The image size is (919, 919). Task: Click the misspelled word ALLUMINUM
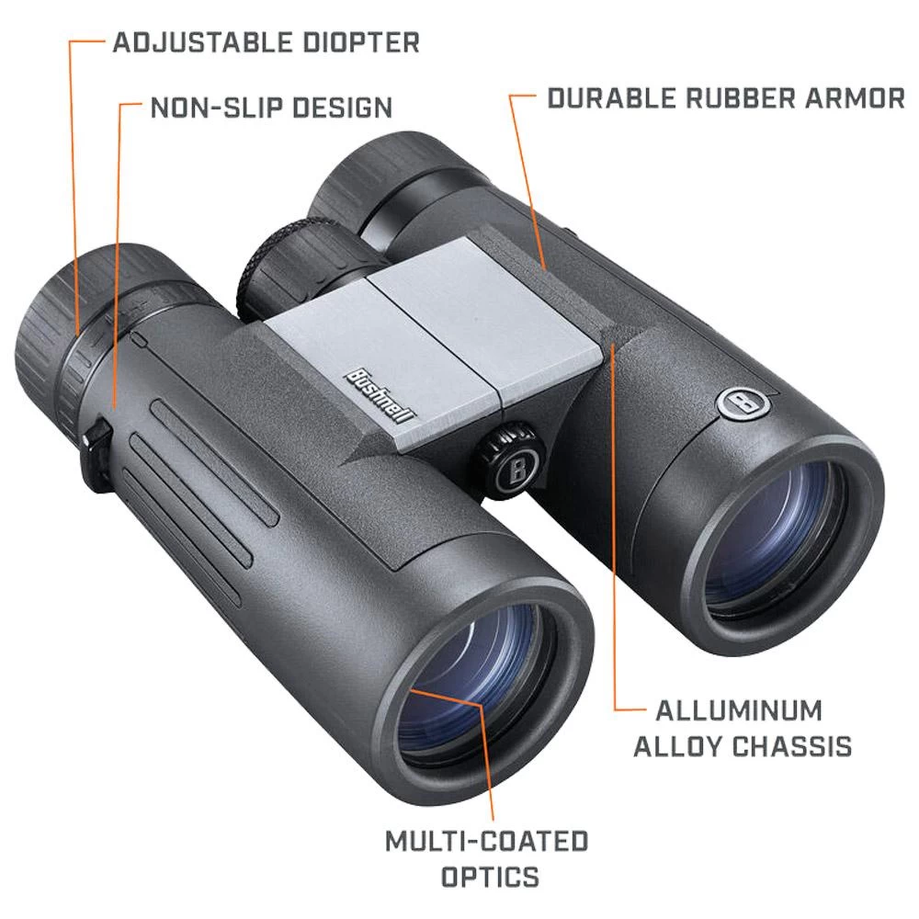[725, 710]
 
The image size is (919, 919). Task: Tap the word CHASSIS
[795, 746]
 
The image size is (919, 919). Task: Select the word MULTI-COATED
[486, 841]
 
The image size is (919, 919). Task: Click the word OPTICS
[490, 877]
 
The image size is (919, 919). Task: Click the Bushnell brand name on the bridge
[380, 391]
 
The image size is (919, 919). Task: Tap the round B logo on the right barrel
[736, 403]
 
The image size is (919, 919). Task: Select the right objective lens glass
[772, 538]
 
